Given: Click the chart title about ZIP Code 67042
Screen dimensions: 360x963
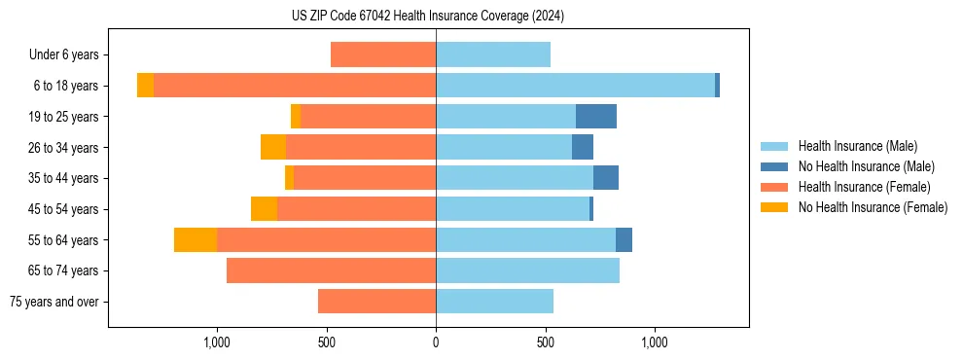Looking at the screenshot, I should tap(428, 16).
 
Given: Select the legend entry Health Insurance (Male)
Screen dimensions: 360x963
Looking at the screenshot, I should tap(856, 146).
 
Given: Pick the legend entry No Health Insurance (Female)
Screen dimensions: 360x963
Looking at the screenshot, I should tap(873, 207).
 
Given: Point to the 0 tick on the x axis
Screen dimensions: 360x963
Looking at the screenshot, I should tap(436, 342).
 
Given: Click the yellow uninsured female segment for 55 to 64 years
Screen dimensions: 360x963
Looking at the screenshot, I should tap(196, 239).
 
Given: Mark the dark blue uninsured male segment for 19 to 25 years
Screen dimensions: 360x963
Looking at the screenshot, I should tap(596, 117).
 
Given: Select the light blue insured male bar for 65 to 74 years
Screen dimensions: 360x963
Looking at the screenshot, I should tap(527, 270).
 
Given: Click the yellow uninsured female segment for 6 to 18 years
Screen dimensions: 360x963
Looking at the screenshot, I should tap(145, 86).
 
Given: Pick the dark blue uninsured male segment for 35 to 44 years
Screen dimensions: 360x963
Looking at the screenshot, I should tap(606, 178).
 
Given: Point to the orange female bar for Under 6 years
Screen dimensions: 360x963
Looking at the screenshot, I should tap(383, 54).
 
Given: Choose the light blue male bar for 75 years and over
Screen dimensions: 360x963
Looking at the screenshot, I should tap(494, 302).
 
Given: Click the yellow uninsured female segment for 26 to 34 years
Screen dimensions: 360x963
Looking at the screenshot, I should tap(273, 147).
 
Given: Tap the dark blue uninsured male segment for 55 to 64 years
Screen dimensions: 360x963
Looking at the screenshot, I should tap(624, 239).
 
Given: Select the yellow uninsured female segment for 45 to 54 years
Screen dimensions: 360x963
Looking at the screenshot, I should tap(264, 209).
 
